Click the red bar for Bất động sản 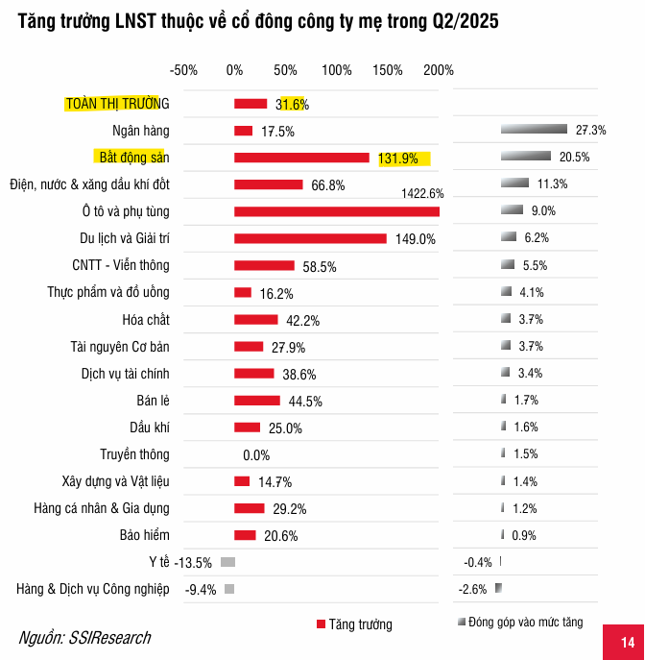pyautogui.click(x=301, y=158)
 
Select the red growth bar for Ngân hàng pyautogui.click(x=244, y=131)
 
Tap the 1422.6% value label pyautogui.click(x=422, y=194)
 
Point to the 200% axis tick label pyautogui.click(x=439, y=70)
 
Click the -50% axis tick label pyautogui.click(x=183, y=70)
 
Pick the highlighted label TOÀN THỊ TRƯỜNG pyautogui.click(x=116, y=104)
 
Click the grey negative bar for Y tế pyautogui.click(x=227, y=562)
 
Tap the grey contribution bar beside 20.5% pyautogui.click(x=526, y=157)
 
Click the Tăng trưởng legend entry pyautogui.click(x=354, y=624)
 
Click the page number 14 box pyautogui.click(x=627, y=642)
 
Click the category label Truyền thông pyautogui.click(x=134, y=454)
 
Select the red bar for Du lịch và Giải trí pyautogui.click(x=310, y=238)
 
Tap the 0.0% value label pyautogui.click(x=256, y=455)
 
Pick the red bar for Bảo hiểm pyautogui.click(x=245, y=535)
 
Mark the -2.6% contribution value pyautogui.click(x=473, y=589)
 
